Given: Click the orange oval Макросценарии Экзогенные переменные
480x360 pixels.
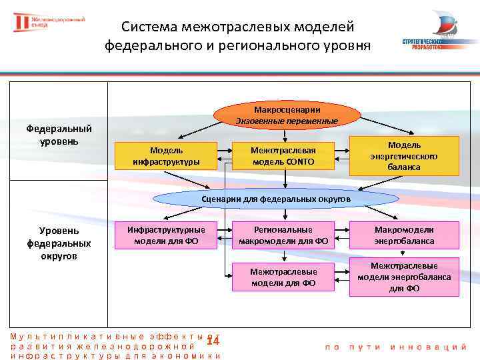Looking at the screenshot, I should (287, 115).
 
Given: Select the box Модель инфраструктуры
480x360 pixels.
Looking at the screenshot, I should (166, 155).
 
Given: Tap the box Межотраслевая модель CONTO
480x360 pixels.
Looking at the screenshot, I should (283, 155).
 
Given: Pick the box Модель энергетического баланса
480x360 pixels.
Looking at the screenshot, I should (405, 155).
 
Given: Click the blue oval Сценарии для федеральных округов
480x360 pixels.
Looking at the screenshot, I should (276, 199).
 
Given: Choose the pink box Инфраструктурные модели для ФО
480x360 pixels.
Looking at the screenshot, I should (166, 235).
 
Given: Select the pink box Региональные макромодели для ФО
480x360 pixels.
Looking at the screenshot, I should (283, 235).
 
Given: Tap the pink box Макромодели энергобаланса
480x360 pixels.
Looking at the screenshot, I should (404, 235).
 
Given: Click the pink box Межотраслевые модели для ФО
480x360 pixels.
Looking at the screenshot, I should (283, 277).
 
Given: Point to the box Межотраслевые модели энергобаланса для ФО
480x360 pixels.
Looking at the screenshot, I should (404, 277).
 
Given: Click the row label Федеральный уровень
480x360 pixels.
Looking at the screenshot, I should (59, 135).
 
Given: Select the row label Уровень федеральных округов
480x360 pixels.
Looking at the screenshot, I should (59, 243).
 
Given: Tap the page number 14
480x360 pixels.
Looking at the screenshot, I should (213, 341).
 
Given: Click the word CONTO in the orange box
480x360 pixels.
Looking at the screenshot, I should (300, 161).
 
